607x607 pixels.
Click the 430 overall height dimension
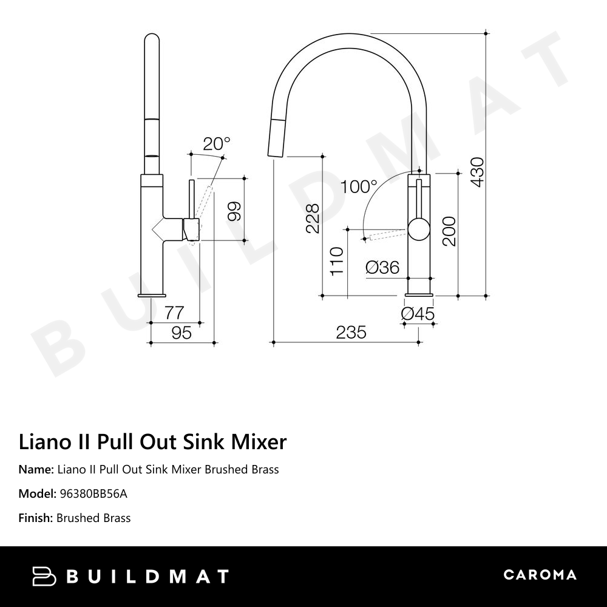(x=477, y=172)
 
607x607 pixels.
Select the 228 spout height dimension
(x=312, y=219)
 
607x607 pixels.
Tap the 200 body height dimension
(x=449, y=231)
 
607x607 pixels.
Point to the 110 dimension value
(x=337, y=260)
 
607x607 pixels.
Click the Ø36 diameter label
(x=382, y=267)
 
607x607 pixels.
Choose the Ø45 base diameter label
(x=418, y=314)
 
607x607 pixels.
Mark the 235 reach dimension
(x=351, y=333)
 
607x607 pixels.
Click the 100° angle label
(x=358, y=186)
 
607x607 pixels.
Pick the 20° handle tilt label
(x=217, y=144)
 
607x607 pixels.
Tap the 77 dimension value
(x=174, y=313)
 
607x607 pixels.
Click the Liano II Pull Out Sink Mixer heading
(x=152, y=442)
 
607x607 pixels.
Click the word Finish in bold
(x=35, y=518)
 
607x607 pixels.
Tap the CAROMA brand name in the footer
(x=540, y=575)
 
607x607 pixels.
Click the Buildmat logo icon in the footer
(x=44, y=576)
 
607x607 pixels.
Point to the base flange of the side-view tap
(x=151, y=294)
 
